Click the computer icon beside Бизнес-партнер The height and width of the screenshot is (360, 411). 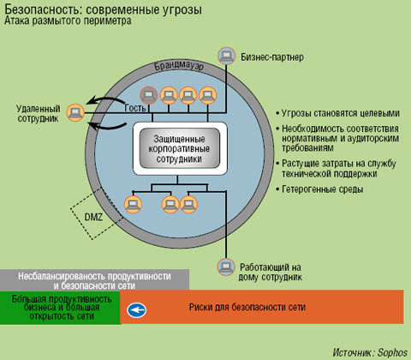point(226,57)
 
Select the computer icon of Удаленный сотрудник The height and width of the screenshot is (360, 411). point(75,111)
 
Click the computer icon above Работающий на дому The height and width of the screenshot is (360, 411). point(226,266)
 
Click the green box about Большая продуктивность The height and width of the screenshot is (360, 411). point(60,306)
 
